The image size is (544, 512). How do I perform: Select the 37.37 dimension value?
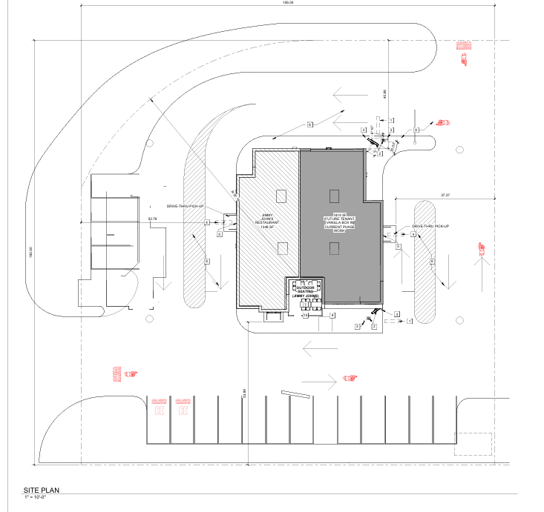(x=445, y=195)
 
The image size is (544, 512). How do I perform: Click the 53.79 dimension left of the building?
(x=153, y=219)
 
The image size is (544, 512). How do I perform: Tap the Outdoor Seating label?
(x=306, y=290)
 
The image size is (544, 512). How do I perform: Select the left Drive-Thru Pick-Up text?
(x=185, y=207)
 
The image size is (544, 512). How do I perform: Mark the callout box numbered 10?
(x=305, y=315)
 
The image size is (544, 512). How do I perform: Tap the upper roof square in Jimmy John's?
(x=281, y=196)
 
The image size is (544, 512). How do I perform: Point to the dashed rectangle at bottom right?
(x=473, y=443)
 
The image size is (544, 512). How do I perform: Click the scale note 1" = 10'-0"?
(x=35, y=499)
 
